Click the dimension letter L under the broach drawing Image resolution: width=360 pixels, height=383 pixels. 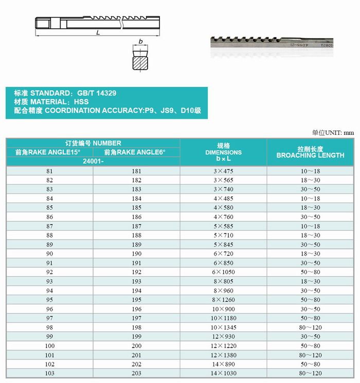98,33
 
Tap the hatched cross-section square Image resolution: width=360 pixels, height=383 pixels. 140,62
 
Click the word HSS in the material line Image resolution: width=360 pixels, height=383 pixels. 81,102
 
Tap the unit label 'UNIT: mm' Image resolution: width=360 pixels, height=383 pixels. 339,132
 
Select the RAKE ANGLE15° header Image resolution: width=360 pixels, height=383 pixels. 48,152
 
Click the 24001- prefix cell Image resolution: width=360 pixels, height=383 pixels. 93,161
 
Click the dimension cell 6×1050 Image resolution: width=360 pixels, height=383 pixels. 223,272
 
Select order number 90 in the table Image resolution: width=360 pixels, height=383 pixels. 49,253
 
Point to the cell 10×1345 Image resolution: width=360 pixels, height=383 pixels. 223,327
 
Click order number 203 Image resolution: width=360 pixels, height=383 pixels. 136,374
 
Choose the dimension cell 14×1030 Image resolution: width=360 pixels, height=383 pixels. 223,374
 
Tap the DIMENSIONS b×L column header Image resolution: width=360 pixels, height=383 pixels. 223,152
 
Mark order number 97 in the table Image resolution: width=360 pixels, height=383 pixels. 49,318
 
